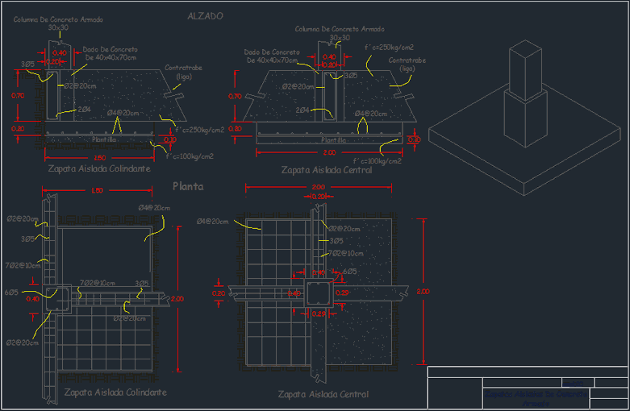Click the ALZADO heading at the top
tap(205, 15)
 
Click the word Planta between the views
tap(188, 186)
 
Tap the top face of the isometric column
tap(524, 55)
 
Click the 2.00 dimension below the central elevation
tap(329, 152)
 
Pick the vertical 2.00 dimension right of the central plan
tap(424, 291)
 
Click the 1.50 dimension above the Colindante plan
tap(97, 191)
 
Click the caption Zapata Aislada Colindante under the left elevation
tap(98, 170)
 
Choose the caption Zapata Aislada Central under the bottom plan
tap(323, 394)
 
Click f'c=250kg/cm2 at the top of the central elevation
tap(389, 48)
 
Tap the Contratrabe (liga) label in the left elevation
tap(181, 72)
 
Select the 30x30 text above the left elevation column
tap(58, 28)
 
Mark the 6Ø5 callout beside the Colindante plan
tap(11, 293)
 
